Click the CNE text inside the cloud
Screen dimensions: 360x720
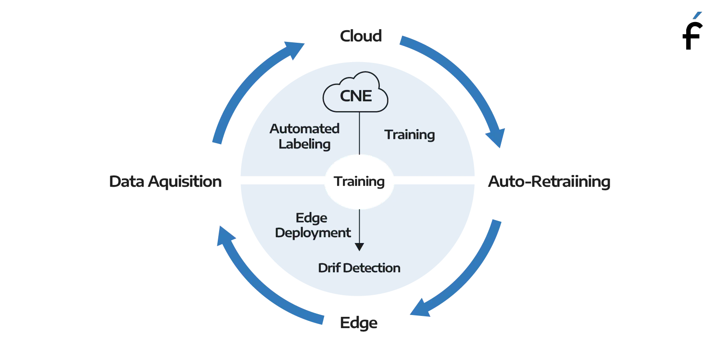click(x=355, y=96)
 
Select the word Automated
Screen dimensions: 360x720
click(x=304, y=129)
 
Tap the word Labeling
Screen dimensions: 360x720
click(x=304, y=144)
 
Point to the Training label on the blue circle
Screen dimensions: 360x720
click(x=409, y=135)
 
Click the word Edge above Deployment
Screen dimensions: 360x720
click(x=311, y=218)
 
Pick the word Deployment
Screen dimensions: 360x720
click(x=313, y=233)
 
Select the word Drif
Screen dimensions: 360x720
click(x=328, y=268)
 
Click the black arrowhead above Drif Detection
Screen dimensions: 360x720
click(x=359, y=247)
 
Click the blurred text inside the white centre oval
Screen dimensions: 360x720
click(x=359, y=181)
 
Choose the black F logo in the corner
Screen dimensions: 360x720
click(x=693, y=31)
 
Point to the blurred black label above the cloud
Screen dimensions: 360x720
click(x=360, y=36)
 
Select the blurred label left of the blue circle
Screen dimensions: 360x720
click(x=166, y=180)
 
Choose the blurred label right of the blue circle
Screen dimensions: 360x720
click(x=549, y=181)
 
